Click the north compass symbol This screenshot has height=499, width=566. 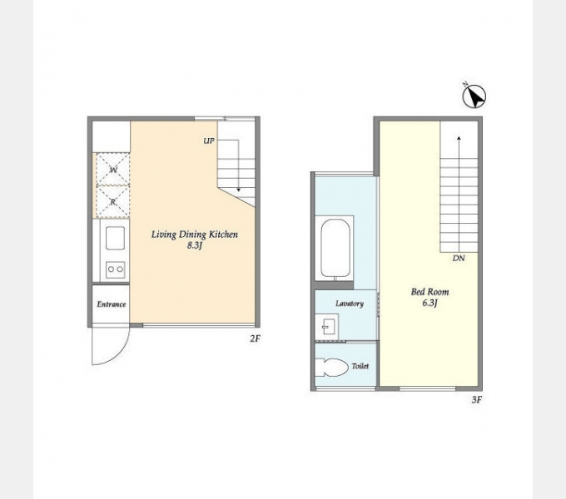point(474,96)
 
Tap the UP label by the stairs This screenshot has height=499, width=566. point(209,141)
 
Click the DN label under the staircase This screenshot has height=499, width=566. point(459,258)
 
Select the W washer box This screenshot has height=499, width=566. point(113,169)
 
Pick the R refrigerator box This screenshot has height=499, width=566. point(113,201)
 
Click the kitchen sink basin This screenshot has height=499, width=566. point(115,238)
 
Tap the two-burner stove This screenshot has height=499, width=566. point(116,269)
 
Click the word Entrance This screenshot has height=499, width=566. point(112,304)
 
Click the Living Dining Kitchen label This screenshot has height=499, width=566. point(195,235)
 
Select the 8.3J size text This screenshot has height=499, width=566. point(194,246)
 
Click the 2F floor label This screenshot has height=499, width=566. point(255,338)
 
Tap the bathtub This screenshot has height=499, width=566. point(335,249)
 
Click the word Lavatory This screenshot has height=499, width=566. point(350,304)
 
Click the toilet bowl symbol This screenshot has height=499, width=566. point(331,367)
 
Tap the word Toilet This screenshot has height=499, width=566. point(360,366)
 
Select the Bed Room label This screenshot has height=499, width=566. point(430,292)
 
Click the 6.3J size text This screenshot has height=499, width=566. point(429,303)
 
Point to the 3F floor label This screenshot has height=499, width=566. point(476,400)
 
